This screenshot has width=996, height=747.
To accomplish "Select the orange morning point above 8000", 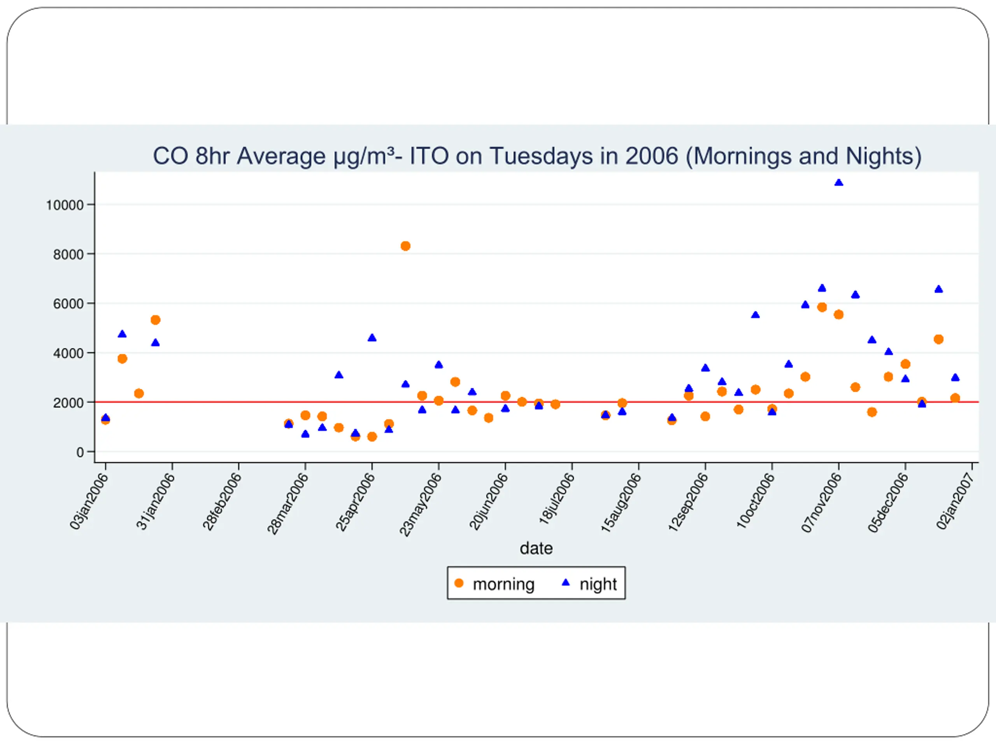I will click(x=405, y=246).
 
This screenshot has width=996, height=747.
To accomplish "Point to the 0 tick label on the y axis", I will click(x=80, y=452).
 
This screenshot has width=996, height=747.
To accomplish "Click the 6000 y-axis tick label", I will click(x=68, y=304).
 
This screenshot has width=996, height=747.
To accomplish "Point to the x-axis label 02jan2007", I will click(x=956, y=501).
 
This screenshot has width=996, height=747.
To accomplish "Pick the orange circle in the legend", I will click(x=459, y=583).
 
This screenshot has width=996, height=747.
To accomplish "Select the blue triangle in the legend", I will click(x=566, y=583).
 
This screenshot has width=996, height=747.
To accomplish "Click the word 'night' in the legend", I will click(x=598, y=584).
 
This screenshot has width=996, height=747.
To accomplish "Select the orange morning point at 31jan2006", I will click(x=155, y=320).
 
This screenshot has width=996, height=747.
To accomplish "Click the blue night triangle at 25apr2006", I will click(x=372, y=338).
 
